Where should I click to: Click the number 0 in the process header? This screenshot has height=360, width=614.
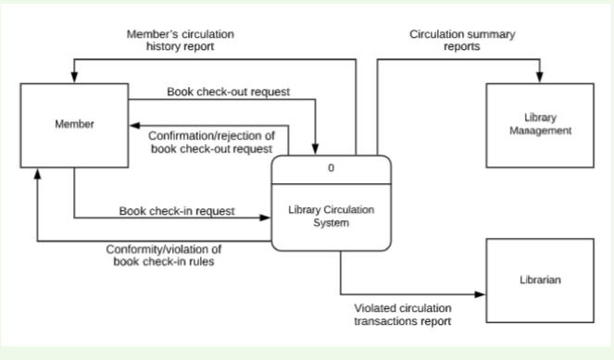(331, 168)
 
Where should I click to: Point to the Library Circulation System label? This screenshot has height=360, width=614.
(331, 217)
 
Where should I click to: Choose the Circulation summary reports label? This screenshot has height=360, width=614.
(462, 40)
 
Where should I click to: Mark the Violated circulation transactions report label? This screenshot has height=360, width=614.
(403, 315)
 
